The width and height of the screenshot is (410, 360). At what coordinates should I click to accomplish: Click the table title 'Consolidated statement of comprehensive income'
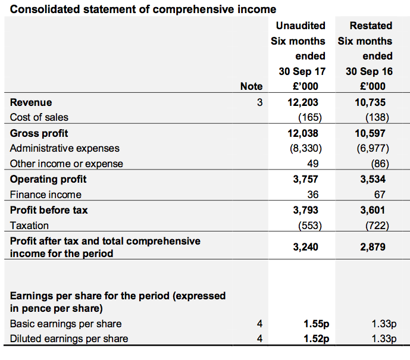(143, 10)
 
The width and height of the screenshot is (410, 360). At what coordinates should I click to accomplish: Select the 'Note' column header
(251, 86)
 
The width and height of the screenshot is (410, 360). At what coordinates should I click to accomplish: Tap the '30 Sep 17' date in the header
(302, 71)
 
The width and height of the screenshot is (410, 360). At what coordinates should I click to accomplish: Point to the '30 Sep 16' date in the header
(369, 71)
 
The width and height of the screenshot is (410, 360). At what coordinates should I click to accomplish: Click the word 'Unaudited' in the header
(301, 26)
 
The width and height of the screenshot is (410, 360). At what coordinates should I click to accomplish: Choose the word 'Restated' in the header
(371, 26)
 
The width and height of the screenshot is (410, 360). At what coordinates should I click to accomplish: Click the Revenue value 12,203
(303, 102)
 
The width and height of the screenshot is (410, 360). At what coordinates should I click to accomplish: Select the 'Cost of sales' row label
(39, 117)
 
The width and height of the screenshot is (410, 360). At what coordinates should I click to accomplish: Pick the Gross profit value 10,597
(370, 133)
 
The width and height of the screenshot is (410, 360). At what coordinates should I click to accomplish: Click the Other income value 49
(313, 164)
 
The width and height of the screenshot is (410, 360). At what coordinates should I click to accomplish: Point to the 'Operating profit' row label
(48, 179)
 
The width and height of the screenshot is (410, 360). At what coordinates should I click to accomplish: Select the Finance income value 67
(380, 195)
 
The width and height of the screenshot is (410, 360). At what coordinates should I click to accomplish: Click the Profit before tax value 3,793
(305, 210)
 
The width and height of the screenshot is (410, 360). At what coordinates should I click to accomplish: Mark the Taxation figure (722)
(377, 226)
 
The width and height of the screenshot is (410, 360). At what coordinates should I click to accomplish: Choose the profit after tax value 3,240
(305, 247)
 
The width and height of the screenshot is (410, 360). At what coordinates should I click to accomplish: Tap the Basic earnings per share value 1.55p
(316, 324)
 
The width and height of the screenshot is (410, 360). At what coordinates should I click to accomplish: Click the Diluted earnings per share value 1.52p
(316, 339)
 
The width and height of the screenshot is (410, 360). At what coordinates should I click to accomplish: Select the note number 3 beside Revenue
(259, 102)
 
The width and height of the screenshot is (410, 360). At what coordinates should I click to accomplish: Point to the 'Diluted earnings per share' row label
(69, 339)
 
